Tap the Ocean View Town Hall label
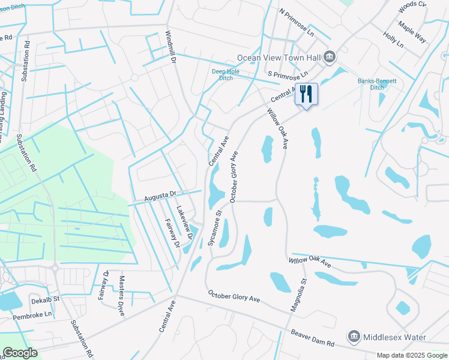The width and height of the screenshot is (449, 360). (279, 58)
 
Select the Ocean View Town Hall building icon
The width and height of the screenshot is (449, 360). (330, 58)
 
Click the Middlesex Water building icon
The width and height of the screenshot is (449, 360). (354, 336)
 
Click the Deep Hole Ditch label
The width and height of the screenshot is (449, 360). (225, 75)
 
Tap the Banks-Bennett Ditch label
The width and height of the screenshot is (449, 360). (370, 83)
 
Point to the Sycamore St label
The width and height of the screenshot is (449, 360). (215, 227)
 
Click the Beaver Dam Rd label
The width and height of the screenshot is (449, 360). (312, 338)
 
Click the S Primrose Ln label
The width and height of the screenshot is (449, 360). (288, 74)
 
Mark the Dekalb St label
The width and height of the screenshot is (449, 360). (46, 299)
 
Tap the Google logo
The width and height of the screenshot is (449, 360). (20, 353)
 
